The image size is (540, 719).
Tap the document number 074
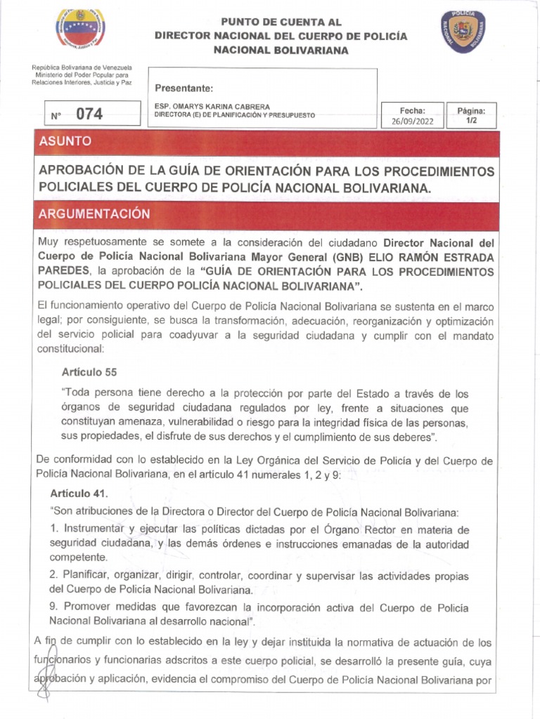[89, 114]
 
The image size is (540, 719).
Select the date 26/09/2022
[412, 121]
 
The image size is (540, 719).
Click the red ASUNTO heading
[66, 141]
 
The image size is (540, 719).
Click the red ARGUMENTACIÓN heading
[94, 213]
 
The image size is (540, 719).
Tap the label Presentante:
[184, 88]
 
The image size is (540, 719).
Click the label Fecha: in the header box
[412, 110]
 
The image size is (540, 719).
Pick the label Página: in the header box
[476, 110]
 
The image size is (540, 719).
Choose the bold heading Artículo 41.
[77, 494]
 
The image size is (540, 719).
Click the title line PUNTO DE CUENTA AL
[281, 22]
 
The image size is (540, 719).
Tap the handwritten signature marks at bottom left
[44, 667]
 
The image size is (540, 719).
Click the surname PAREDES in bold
[64, 271]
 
